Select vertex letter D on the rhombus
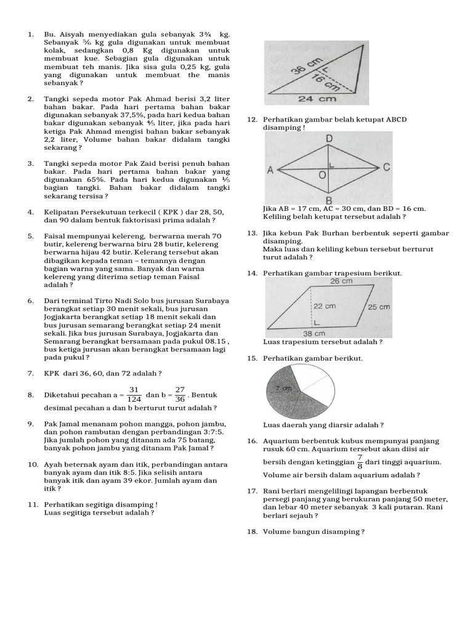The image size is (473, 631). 329,139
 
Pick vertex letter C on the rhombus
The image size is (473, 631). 386,168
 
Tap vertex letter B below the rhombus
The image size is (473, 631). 329,200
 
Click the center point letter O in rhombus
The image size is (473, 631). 321,176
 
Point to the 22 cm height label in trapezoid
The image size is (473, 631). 326,306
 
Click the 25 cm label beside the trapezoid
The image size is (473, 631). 379,307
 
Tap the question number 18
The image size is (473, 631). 251,531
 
